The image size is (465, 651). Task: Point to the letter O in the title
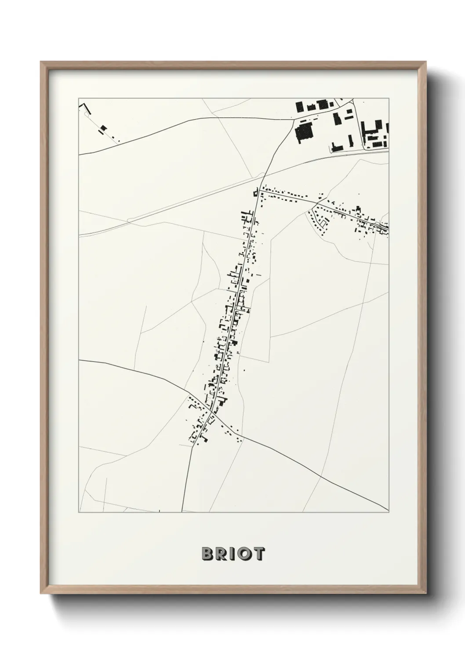pyautogui.click(x=244, y=554)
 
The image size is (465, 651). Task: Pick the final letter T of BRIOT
pyautogui.click(x=259, y=554)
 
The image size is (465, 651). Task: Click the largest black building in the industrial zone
pyautogui.click(x=303, y=132)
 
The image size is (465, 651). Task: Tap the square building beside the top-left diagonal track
pyautogui.click(x=104, y=128)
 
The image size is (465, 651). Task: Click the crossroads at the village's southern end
pyautogui.click(x=212, y=413)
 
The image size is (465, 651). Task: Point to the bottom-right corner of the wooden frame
pyautogui.click(x=425, y=593)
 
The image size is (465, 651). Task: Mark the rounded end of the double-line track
pyautogui.click(x=128, y=219)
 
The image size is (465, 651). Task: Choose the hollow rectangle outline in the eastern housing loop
pyautogui.click(x=324, y=224)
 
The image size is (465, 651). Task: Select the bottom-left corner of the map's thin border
pyautogui.click(x=79, y=512)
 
